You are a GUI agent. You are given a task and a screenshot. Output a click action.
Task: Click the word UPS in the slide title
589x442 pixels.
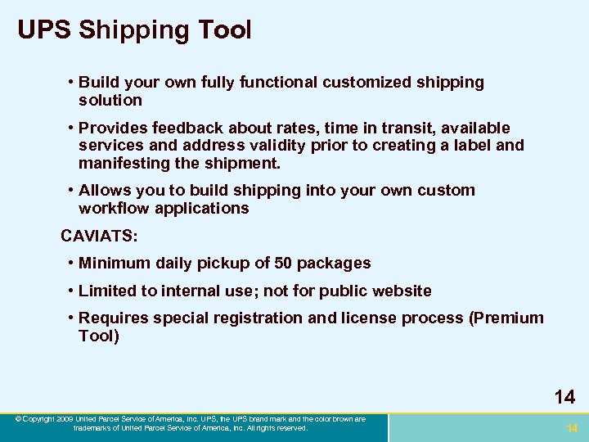(45, 30)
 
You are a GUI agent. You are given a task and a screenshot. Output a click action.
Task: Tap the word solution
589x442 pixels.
(110, 101)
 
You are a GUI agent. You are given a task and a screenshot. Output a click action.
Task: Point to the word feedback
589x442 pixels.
(178, 129)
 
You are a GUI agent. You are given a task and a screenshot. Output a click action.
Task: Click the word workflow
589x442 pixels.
(114, 209)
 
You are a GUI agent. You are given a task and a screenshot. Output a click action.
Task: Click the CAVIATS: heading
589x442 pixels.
(100, 237)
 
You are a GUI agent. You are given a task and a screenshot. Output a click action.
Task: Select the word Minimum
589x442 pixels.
(115, 264)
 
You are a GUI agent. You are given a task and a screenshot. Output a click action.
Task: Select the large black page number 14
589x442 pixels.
(564, 397)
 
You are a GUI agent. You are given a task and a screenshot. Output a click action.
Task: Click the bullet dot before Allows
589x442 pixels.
(72, 191)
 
